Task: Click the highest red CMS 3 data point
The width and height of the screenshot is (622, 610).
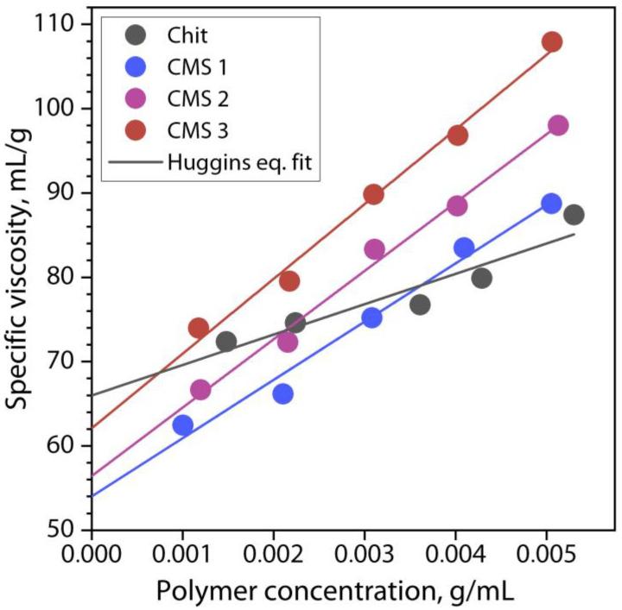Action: point(552,41)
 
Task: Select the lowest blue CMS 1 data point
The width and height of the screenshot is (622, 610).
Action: point(182,424)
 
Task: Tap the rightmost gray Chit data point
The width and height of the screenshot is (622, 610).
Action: point(574,214)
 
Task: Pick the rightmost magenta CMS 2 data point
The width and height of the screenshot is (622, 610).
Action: point(558,125)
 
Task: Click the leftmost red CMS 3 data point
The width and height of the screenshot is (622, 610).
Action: point(198,328)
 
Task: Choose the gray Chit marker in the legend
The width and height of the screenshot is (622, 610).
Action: point(136,37)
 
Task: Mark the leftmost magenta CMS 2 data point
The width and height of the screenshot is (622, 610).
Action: point(200,389)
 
